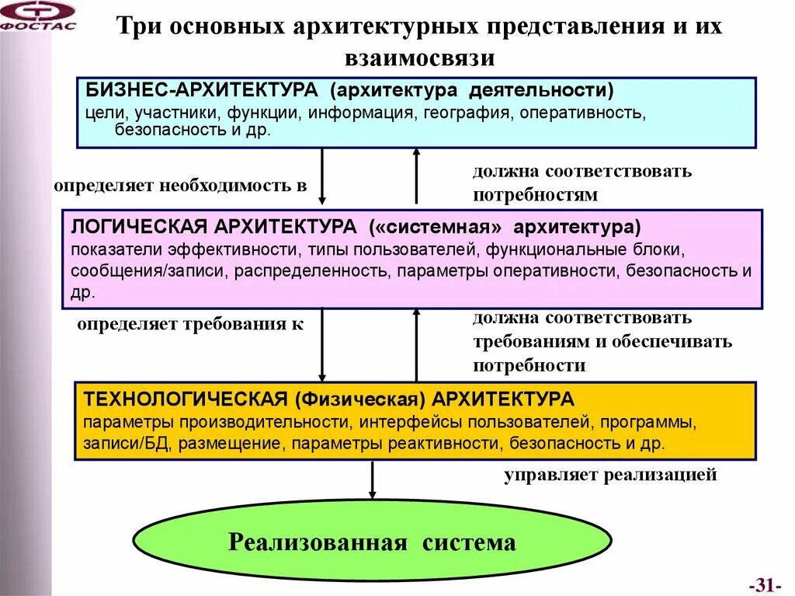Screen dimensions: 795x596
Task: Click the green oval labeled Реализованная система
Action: click(x=372, y=542)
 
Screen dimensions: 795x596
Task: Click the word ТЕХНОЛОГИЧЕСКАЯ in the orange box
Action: click(x=186, y=399)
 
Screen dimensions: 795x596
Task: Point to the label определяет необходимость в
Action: click(x=180, y=186)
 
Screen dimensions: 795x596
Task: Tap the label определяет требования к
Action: click(x=190, y=324)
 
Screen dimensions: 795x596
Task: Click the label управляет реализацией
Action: click(x=609, y=475)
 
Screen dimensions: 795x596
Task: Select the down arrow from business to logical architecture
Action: click(x=322, y=177)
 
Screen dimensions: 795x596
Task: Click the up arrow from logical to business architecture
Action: click(x=416, y=177)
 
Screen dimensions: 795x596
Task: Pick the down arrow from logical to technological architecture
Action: click(x=322, y=346)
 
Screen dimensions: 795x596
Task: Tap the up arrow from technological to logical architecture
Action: click(x=416, y=346)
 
